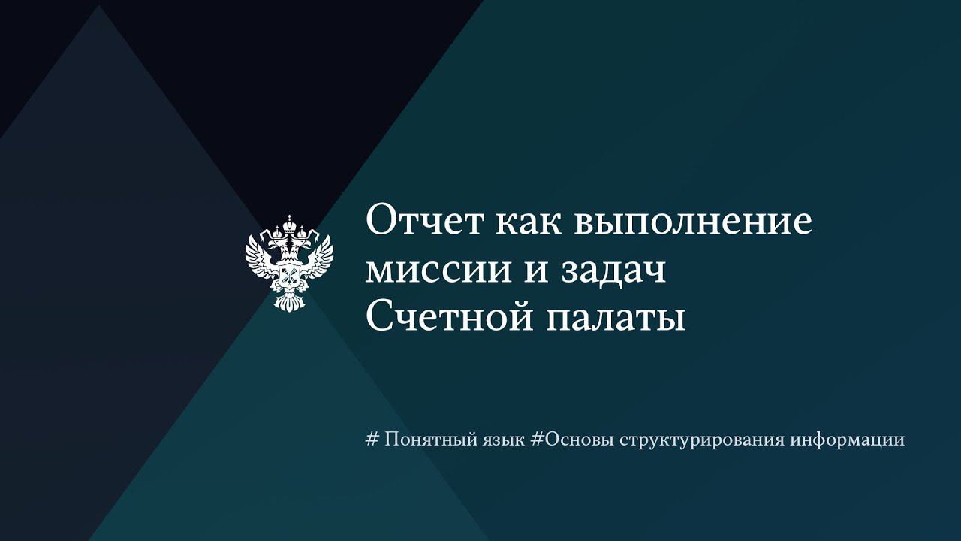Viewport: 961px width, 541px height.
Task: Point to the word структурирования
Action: [x=703, y=440]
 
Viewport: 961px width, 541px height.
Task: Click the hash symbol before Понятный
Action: [x=371, y=440]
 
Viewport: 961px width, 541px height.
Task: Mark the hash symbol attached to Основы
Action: [x=536, y=440]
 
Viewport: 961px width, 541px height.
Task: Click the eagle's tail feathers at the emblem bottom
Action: [x=289, y=302]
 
